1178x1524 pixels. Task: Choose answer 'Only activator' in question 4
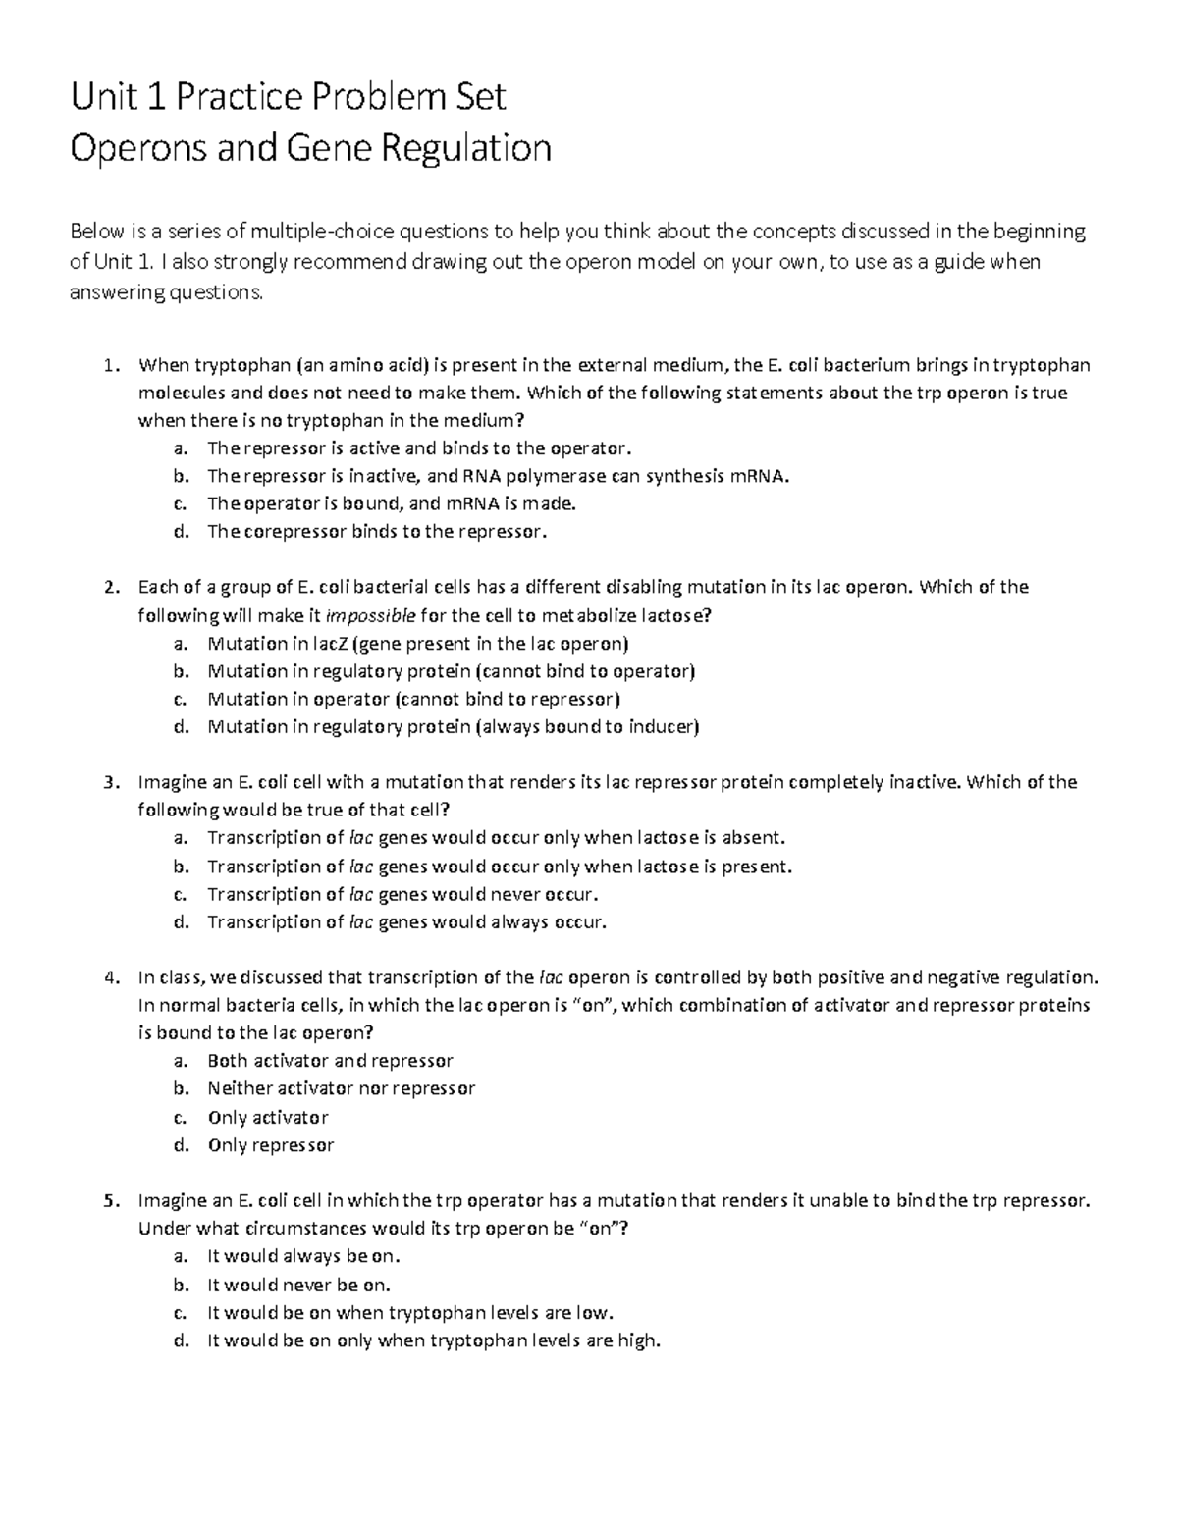(267, 1117)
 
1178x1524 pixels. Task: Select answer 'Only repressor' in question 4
(270, 1145)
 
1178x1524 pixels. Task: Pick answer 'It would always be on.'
(304, 1256)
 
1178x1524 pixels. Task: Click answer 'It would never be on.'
(298, 1285)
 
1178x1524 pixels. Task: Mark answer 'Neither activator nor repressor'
(341, 1088)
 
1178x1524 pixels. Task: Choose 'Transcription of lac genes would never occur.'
(402, 894)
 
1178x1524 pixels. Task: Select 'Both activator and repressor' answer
(330, 1061)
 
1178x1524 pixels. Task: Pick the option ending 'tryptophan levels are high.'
(433, 1340)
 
